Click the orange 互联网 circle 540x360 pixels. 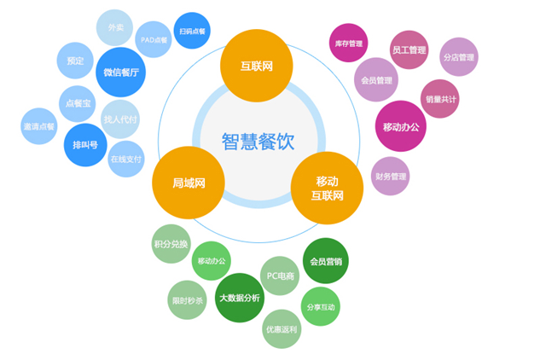point(256,65)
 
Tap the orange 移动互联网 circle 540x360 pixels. point(328,189)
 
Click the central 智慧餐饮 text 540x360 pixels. point(258,141)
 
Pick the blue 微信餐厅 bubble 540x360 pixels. point(120,73)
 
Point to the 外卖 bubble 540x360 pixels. point(115,28)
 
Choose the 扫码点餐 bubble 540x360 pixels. point(192,31)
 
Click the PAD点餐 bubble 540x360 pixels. point(154,39)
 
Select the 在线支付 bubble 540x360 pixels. point(126,159)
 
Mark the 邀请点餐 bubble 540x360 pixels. point(38,126)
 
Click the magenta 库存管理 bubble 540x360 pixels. point(348,43)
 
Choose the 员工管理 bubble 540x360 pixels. point(409,49)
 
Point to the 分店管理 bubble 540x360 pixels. point(458,57)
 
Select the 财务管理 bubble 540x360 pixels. point(390,177)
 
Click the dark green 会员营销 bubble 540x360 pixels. point(326,261)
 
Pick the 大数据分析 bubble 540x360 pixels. point(239,298)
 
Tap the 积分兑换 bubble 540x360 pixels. point(171,244)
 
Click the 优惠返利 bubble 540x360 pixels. point(282,328)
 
